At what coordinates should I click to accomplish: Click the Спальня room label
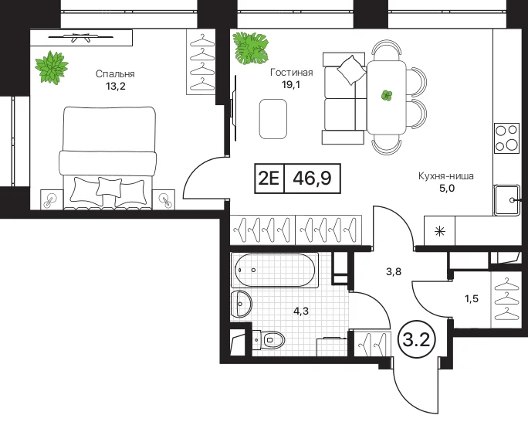click(115, 74)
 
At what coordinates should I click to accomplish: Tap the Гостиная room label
click(292, 73)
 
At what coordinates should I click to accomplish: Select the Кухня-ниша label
click(446, 176)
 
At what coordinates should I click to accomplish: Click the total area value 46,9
click(312, 179)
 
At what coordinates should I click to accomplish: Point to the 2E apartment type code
click(269, 179)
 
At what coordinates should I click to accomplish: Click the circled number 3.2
click(417, 340)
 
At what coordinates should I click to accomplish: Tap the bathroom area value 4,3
click(301, 311)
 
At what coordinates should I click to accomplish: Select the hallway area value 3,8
click(394, 271)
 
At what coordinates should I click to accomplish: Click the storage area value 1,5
click(472, 298)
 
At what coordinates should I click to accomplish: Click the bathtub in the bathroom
click(275, 270)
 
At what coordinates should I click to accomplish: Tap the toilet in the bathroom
click(269, 339)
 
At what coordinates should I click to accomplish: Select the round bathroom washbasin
click(241, 303)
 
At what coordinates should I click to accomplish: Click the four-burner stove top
click(506, 138)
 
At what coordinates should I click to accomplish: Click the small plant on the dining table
click(387, 96)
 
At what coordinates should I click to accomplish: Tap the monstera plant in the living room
click(251, 48)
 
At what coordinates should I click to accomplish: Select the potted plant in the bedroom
click(52, 66)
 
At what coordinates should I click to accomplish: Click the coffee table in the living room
click(273, 119)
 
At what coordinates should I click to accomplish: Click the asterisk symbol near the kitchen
click(439, 232)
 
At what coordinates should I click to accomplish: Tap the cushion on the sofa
click(351, 70)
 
